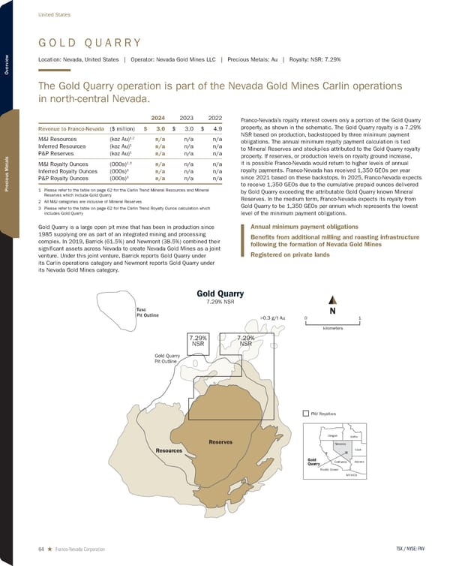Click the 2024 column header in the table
(x=158, y=117)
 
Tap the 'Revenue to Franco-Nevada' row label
(x=71, y=129)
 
